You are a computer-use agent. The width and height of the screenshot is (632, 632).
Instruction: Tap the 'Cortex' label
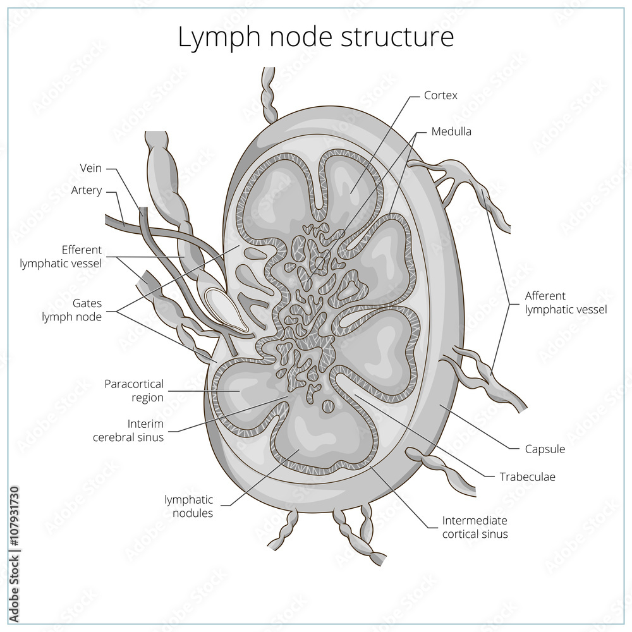(x=441, y=95)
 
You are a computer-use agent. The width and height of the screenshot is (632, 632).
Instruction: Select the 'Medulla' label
(x=451, y=131)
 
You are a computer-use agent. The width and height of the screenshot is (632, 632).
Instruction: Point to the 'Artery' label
(x=87, y=190)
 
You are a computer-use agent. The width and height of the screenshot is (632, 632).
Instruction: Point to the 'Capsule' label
(x=545, y=449)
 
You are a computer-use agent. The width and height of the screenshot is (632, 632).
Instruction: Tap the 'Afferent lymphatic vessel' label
(x=566, y=302)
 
